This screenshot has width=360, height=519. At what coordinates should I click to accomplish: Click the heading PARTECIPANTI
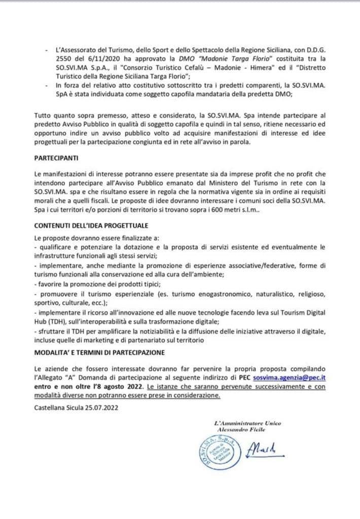(56, 158)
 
